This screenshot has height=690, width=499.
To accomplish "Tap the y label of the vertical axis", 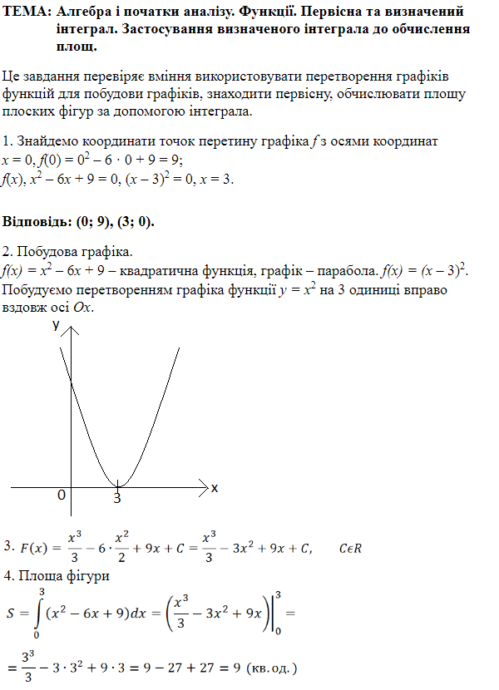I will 57,325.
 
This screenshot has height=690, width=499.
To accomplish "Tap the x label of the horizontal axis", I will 214,488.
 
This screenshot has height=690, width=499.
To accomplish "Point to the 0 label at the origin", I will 61,495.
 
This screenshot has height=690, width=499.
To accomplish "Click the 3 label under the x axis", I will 117,499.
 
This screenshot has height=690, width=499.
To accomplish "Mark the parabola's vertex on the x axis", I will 118,485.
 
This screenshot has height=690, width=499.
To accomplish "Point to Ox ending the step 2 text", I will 85,308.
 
